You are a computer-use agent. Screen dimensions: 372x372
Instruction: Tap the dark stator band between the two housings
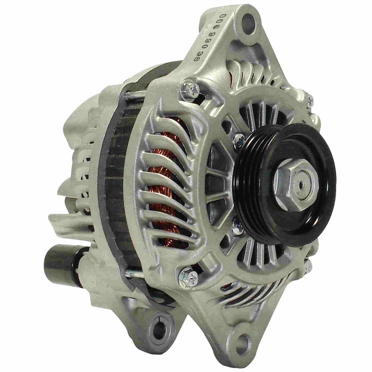[x=113, y=180]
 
